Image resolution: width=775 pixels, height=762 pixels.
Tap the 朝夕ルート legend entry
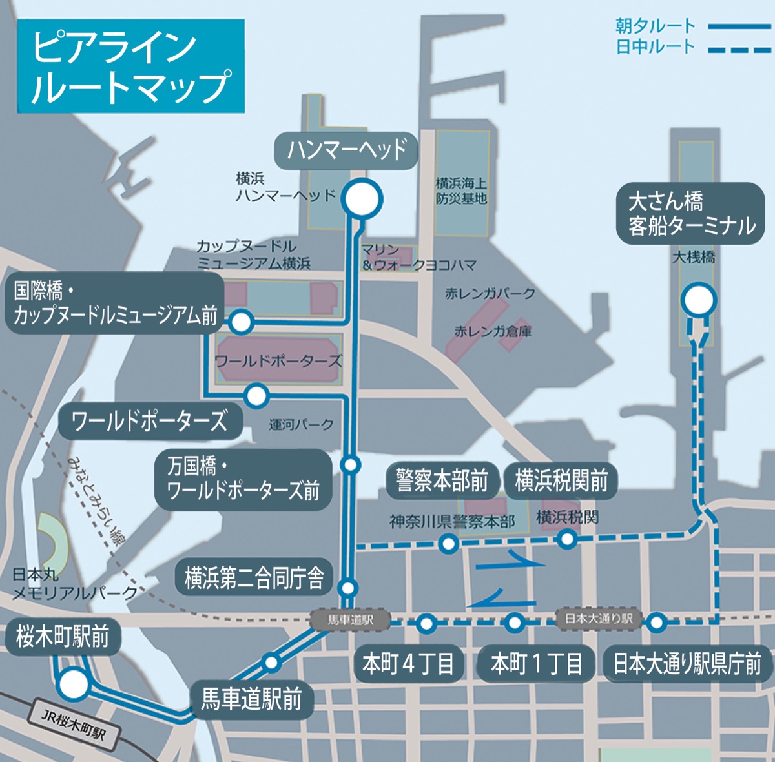coord(691,26)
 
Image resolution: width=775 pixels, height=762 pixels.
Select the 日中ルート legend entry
coord(691,47)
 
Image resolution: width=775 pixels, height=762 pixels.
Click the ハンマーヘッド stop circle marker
coord(362,199)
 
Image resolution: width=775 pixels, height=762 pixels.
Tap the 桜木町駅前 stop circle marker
coord(73,684)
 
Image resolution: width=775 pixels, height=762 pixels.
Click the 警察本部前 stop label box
coord(442,480)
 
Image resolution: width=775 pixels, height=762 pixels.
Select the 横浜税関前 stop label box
coord(561,480)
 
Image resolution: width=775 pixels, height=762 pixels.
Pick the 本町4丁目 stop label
coord(408,663)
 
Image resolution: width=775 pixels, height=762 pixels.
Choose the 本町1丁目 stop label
coord(537,663)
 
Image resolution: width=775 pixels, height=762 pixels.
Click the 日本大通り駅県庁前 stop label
coord(687,663)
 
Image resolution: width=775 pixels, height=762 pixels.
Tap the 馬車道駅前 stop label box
coord(251,699)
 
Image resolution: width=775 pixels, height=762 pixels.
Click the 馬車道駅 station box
coord(350,620)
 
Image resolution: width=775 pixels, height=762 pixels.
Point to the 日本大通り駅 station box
coord(598,619)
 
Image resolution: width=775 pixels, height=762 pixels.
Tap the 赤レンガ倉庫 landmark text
coord(493,331)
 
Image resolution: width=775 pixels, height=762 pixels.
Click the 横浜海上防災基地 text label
coord(461,191)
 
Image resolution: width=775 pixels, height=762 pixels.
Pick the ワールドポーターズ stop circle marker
coord(256,395)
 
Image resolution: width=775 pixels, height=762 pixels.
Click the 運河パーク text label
coord(301,424)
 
